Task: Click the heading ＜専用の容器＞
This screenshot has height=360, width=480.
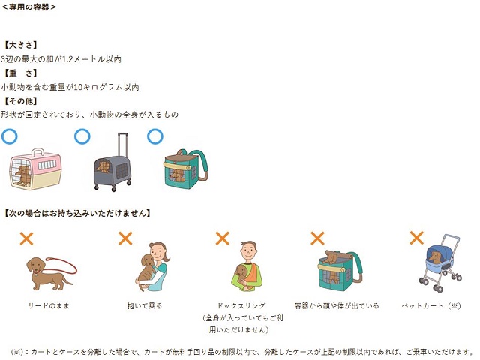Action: tap(28, 7)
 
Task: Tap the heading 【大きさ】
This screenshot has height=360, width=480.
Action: tap(20, 45)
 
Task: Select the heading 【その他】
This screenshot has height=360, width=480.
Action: tap(20, 101)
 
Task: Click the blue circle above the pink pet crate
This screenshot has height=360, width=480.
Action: tap(10, 136)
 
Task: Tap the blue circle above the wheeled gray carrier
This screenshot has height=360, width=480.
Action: tap(82, 136)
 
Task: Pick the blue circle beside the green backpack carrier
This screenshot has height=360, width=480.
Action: tap(155, 136)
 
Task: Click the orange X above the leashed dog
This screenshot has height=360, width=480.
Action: tap(27, 238)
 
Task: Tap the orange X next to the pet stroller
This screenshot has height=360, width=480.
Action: tap(417, 238)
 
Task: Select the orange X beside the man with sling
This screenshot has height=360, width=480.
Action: tap(223, 238)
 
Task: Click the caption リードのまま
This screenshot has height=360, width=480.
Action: tap(49, 305)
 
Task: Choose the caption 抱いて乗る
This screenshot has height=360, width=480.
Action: tap(145, 305)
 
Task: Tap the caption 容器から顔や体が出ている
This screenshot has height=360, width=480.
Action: tap(337, 305)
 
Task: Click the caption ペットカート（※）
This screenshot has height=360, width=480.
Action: tap(431, 305)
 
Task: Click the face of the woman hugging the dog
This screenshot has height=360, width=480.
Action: tap(159, 252)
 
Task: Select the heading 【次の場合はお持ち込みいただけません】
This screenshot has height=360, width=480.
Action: tap(76, 213)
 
